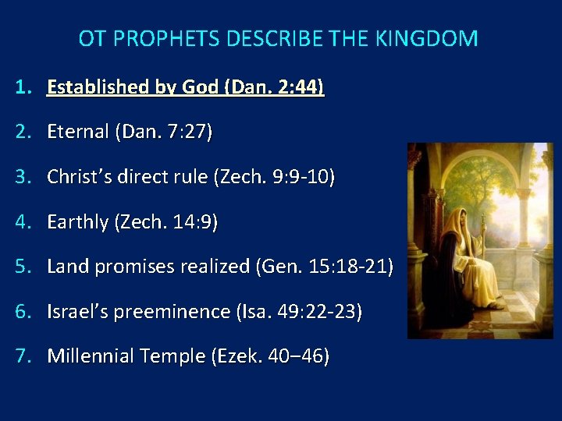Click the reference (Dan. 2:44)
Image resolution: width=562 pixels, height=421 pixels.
[273, 87]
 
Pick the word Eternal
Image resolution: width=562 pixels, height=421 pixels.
[78, 132]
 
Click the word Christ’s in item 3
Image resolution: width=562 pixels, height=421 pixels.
[80, 177]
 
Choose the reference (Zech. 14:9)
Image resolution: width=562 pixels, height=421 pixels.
[166, 222]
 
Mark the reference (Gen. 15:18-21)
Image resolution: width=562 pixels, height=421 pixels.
[324, 267]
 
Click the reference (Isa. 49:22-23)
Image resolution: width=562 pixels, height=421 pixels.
[299, 313]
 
